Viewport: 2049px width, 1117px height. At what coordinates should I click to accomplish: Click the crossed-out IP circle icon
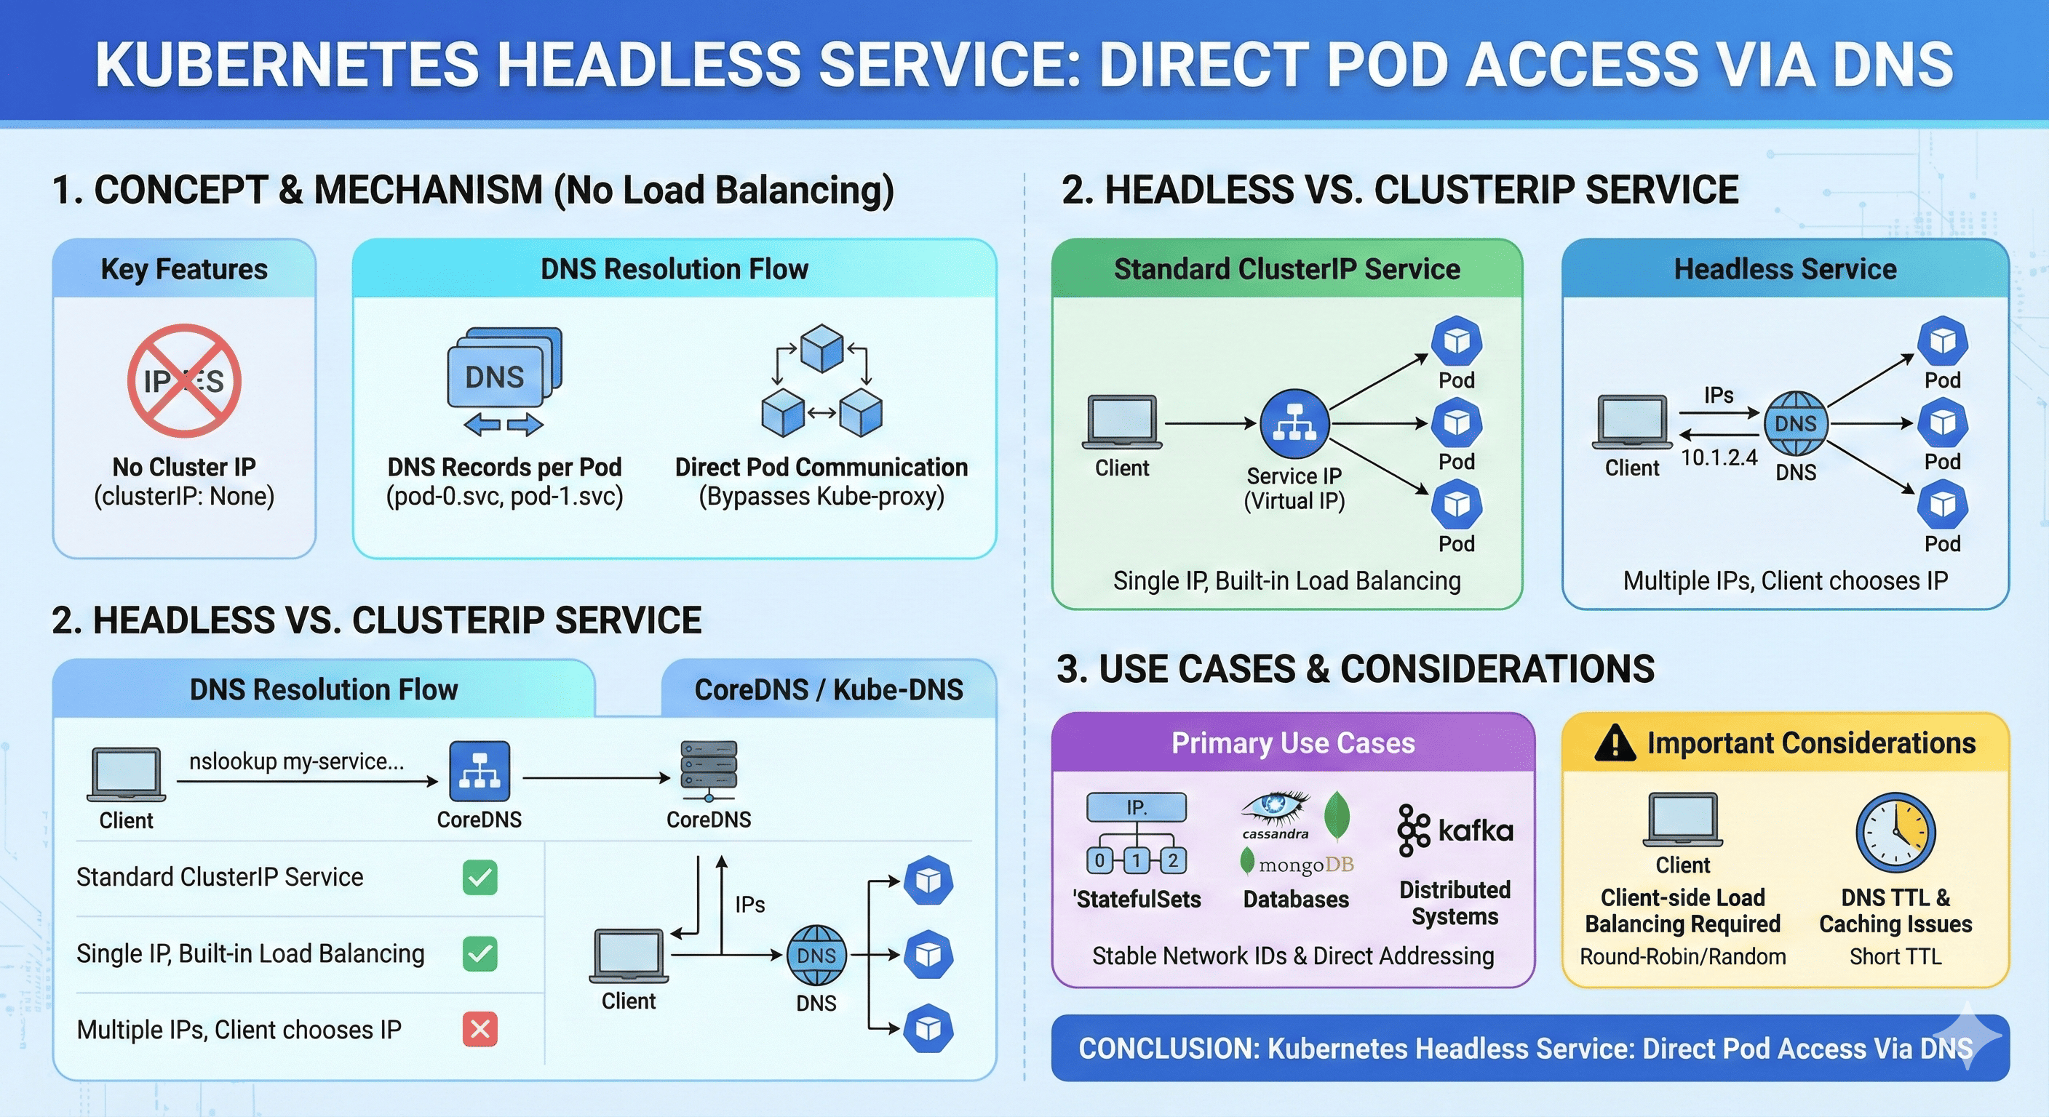[184, 381]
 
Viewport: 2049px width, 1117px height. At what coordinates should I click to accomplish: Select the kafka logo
[1455, 830]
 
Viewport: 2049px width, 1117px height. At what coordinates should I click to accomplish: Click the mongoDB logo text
[1305, 864]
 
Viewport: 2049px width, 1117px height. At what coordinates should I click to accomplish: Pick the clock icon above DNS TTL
[1895, 833]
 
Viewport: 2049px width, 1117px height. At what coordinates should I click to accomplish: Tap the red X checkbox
[480, 1030]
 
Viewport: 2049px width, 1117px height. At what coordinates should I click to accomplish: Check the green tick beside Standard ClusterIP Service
[480, 878]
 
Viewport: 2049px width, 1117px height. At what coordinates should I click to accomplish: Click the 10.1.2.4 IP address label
[1718, 458]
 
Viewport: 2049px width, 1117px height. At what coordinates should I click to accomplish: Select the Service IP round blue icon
[1294, 424]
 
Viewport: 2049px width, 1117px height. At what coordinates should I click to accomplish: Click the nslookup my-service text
[296, 761]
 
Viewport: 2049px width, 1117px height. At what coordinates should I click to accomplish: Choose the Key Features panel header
[184, 270]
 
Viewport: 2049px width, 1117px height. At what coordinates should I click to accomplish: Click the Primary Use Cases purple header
[1292, 743]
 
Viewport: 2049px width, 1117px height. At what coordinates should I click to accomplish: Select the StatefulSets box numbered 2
[1172, 860]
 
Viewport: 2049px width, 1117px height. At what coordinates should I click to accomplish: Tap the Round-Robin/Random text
[1682, 956]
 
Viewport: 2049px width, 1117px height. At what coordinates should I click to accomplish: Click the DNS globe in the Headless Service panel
[1795, 424]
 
